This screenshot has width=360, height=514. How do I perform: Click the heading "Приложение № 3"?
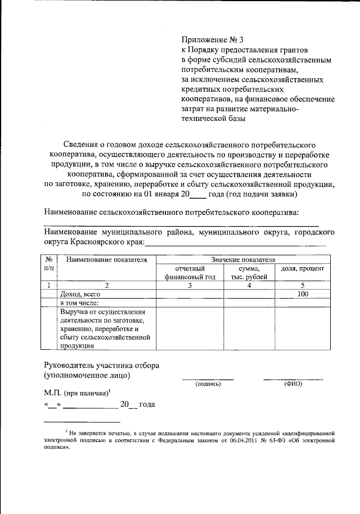pyautogui.click(x=213, y=39)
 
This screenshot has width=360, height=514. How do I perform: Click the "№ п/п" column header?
pyautogui.click(x=49, y=264)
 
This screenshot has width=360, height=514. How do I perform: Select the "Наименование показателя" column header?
pyautogui.click(x=106, y=260)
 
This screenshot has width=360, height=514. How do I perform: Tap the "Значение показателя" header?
pyautogui.click(x=242, y=260)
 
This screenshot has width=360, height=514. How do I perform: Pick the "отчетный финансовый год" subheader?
pyautogui.click(x=190, y=273)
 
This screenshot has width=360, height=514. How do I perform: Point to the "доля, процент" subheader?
pyautogui.click(x=302, y=269)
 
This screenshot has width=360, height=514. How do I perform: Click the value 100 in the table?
pyautogui.click(x=303, y=294)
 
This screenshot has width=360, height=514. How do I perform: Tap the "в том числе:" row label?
pyautogui.click(x=79, y=303)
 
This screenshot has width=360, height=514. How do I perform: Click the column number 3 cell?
pyautogui.click(x=190, y=285)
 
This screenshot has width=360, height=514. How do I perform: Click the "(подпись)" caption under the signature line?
pyautogui.click(x=208, y=384)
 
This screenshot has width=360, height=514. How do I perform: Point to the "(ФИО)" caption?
pyautogui.click(x=293, y=384)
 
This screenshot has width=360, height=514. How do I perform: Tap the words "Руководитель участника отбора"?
pyautogui.click(x=101, y=365)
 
